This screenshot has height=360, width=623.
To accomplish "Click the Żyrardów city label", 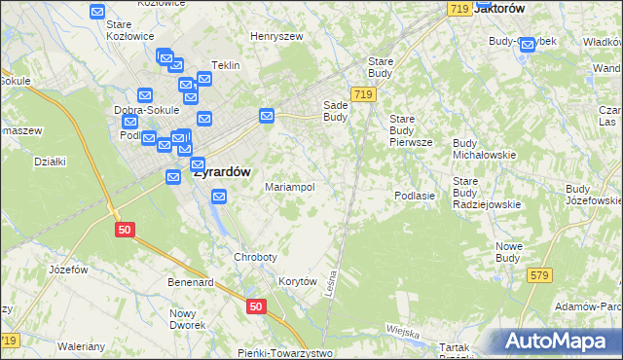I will click(x=222, y=171).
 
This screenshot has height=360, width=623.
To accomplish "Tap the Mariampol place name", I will click(x=290, y=187).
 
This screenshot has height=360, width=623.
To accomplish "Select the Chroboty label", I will click(x=255, y=257).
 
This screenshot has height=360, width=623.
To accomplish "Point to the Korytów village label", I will click(x=299, y=280).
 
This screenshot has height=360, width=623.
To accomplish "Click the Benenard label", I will click(x=190, y=282).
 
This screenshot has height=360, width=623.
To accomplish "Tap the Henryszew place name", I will click(x=276, y=36).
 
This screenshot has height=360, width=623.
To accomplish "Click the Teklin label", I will click(x=225, y=65).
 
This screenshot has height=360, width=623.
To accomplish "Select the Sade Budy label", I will click(x=335, y=111).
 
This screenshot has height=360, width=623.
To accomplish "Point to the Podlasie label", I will click(x=414, y=196).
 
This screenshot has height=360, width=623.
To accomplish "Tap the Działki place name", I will click(x=49, y=162).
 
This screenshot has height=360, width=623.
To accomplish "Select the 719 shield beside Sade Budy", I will click(x=363, y=93).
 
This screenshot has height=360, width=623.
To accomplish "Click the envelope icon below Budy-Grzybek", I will click(x=528, y=44).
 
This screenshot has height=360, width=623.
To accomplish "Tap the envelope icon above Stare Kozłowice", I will click(x=97, y=12).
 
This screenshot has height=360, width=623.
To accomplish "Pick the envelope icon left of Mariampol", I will click(x=220, y=197).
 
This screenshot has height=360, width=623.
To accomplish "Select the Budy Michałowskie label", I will click(x=484, y=149).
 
